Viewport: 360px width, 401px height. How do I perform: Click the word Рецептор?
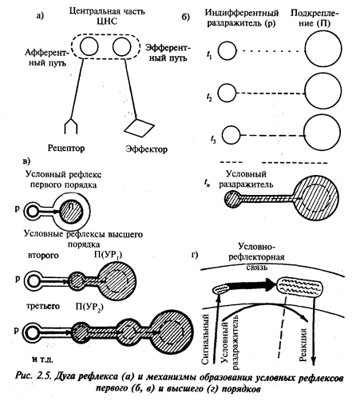point(66,148)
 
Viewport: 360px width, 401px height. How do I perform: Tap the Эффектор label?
point(147,149)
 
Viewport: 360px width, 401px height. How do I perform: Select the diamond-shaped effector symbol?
point(140,127)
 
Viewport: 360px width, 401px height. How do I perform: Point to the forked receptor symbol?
point(71,125)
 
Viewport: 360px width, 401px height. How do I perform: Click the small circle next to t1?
point(227,50)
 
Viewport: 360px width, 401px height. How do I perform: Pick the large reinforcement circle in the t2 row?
point(323,90)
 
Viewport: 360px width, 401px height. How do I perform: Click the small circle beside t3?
point(231,135)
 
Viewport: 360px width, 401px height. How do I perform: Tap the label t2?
point(209,97)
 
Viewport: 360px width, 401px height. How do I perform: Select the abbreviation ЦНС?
point(107,22)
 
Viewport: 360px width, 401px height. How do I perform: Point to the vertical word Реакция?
point(303,345)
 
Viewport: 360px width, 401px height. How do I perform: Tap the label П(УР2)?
point(89,308)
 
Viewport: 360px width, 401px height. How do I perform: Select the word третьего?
point(43,306)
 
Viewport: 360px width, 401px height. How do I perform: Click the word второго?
point(43,256)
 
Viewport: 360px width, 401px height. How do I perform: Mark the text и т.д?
point(42,359)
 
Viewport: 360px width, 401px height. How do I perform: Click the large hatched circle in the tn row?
point(316,198)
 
